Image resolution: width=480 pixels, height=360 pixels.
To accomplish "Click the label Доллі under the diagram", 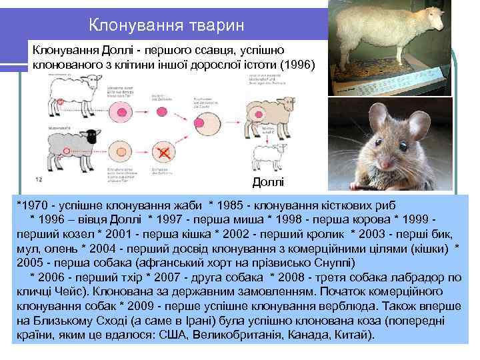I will point(268,182).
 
